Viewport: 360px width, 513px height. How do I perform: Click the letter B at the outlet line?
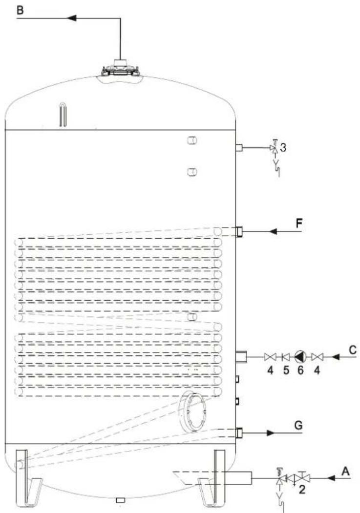21,10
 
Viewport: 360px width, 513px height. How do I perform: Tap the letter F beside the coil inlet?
299,224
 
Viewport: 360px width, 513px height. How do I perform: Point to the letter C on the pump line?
353,350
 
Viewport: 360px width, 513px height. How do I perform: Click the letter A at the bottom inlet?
346,472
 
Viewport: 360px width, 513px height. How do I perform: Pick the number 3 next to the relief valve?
283,147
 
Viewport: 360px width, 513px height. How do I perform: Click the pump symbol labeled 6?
299,357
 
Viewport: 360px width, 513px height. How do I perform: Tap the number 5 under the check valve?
286,370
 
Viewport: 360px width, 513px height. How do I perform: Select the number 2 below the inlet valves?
302,490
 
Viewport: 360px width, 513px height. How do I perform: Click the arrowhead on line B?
72,18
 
